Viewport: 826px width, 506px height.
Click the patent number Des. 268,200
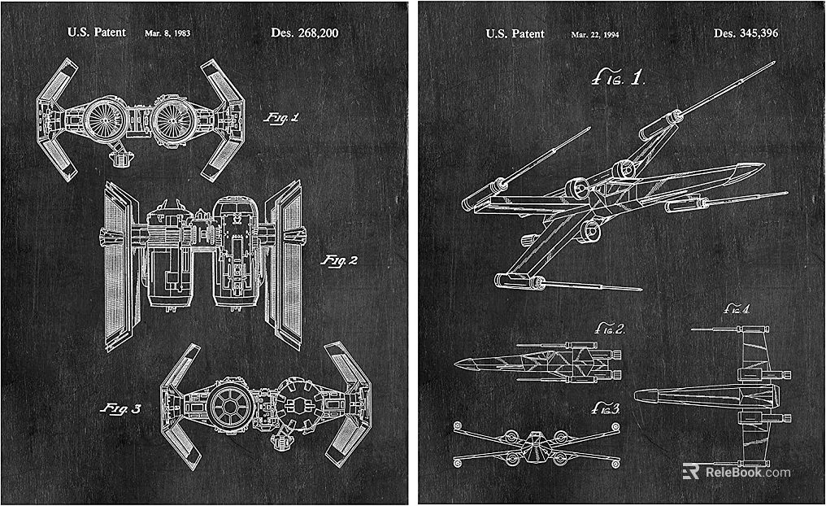(305, 33)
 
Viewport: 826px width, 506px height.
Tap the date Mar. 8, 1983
(167, 33)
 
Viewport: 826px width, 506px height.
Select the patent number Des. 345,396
(746, 33)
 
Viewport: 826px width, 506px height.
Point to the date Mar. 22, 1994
(595, 35)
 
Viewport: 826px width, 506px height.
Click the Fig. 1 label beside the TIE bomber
(281, 117)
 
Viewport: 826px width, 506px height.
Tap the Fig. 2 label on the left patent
(340, 260)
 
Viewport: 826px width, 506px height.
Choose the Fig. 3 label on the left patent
(121, 408)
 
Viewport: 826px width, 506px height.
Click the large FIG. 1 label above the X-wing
(618, 79)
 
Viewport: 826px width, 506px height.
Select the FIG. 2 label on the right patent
(610, 329)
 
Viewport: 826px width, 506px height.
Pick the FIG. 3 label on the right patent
(606, 408)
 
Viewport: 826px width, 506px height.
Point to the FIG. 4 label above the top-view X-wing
(737, 309)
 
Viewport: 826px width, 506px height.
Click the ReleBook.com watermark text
(748, 473)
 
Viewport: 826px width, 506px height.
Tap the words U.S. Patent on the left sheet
(97, 33)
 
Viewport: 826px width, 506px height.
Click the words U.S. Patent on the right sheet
(515, 34)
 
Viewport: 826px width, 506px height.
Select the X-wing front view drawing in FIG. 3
(537, 444)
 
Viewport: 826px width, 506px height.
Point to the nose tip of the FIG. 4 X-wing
(635, 395)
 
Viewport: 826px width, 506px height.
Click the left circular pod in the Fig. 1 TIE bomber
(103, 120)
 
